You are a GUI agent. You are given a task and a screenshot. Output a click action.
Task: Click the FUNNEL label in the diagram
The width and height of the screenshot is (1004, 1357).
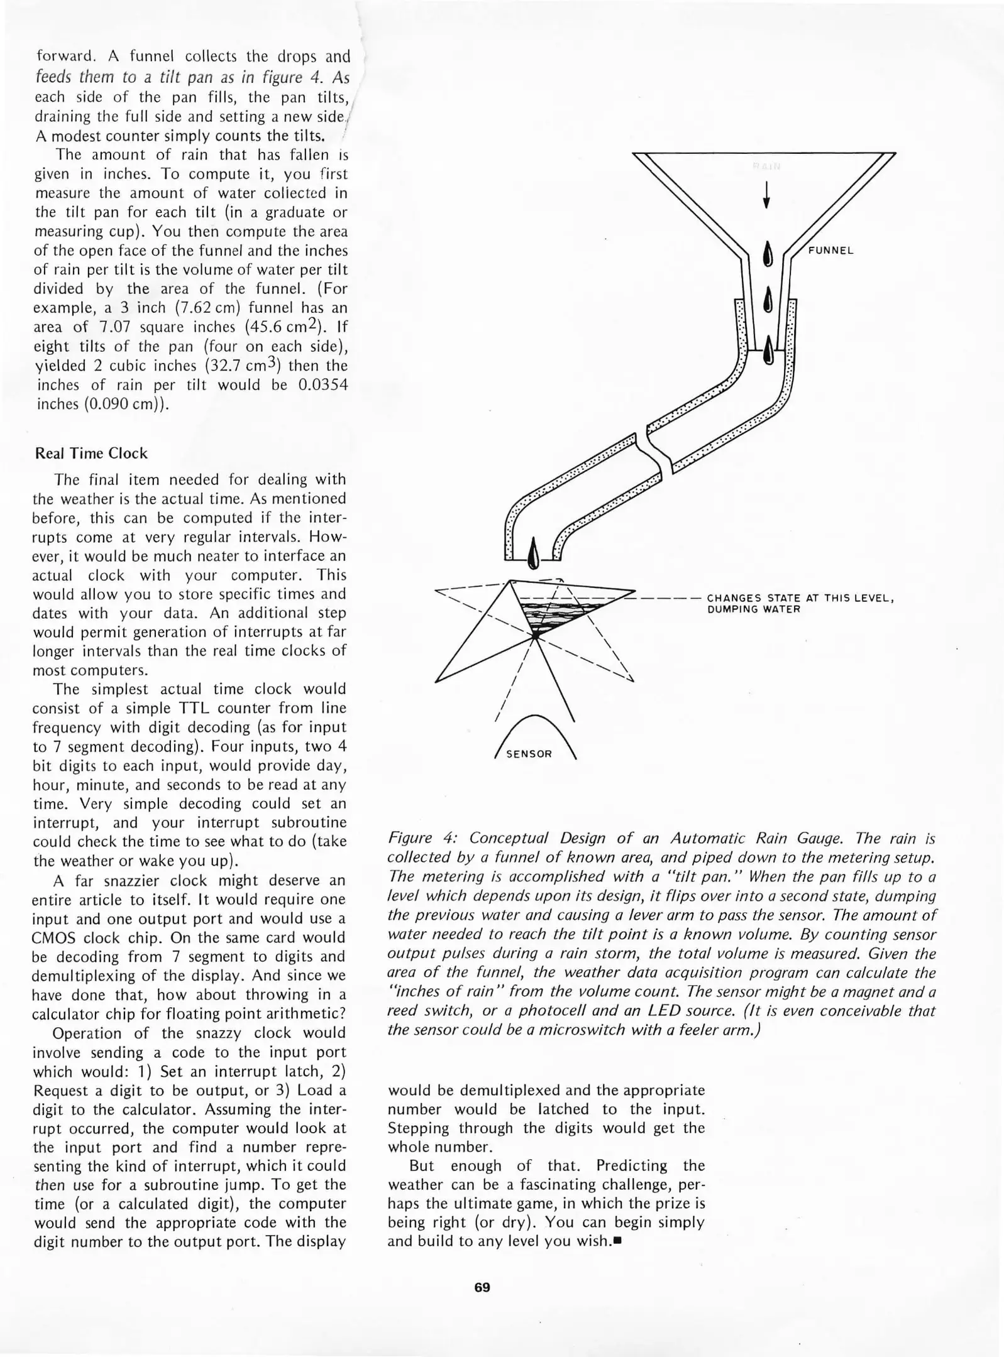[x=830, y=251]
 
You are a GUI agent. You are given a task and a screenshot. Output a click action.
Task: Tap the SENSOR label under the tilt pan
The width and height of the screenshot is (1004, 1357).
[x=529, y=754]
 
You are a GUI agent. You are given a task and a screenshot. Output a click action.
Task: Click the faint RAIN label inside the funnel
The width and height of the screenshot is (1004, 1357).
[x=767, y=166]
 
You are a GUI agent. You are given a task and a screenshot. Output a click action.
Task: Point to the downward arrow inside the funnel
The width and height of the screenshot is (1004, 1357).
[x=766, y=195]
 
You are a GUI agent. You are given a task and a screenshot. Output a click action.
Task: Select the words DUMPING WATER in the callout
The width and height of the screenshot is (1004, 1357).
[x=754, y=609]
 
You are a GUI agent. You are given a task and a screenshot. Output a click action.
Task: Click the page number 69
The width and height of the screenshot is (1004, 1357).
[x=482, y=1287]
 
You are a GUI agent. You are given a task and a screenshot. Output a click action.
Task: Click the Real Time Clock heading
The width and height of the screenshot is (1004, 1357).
[x=91, y=454]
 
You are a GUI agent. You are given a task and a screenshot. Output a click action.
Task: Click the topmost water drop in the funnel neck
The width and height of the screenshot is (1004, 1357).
[x=767, y=254]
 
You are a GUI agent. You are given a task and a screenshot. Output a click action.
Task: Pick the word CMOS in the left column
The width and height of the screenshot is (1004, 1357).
[x=54, y=938]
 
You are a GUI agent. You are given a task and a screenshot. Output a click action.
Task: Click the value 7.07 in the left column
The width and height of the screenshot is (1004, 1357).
[x=114, y=327]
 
